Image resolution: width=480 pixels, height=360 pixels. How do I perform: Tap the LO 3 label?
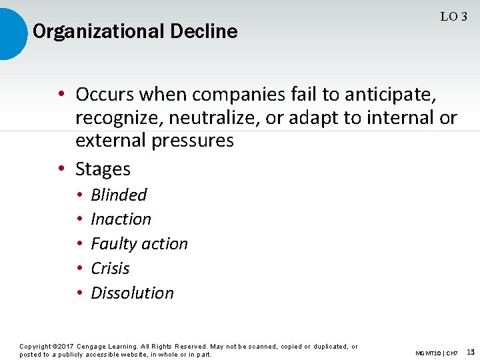453,17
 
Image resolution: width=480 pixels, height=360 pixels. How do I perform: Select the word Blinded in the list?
119,195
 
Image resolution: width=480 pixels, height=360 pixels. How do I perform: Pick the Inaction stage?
121,219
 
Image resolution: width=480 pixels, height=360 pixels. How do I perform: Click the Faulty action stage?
139,244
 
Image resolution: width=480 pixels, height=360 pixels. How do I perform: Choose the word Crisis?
110,269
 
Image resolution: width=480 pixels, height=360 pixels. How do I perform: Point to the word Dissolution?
132,293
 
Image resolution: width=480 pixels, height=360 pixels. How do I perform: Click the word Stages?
103,169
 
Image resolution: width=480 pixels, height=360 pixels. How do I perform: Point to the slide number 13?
471,351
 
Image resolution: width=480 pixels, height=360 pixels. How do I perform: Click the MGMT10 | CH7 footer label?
436,353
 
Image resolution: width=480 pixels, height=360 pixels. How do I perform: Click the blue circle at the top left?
12,31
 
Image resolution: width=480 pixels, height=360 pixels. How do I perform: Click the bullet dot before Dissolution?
79,293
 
